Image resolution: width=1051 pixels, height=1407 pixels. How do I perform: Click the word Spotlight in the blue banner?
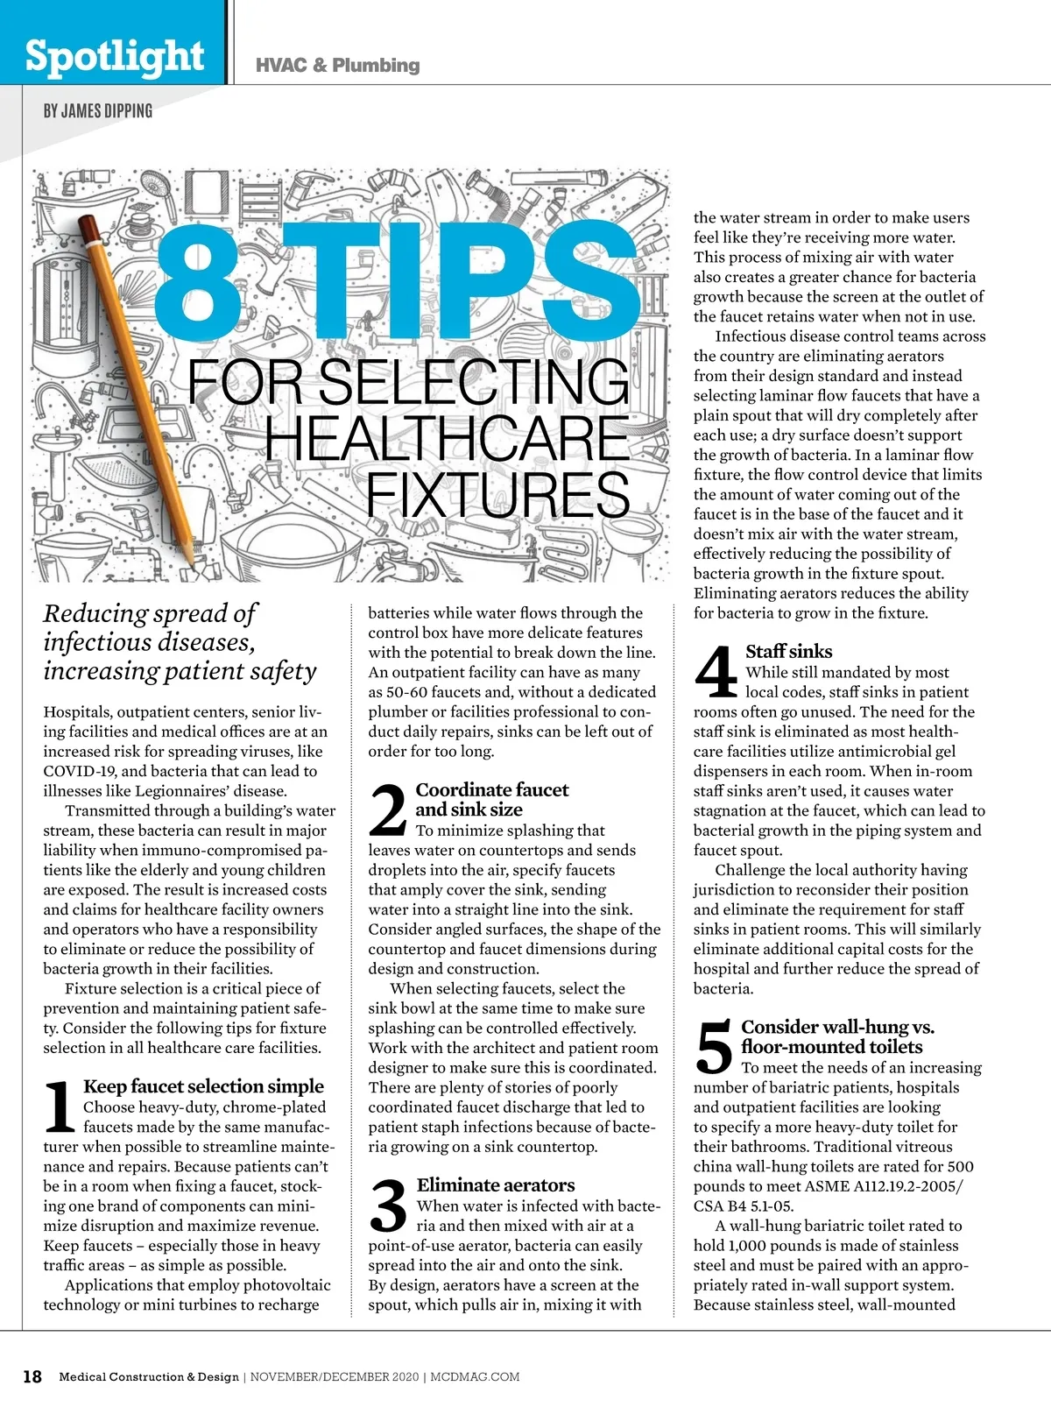coord(114,56)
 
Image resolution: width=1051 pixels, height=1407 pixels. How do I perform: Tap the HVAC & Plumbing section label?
coord(337,66)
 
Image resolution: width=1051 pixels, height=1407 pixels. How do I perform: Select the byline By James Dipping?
coord(98,111)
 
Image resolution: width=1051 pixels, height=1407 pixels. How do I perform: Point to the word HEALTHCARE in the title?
coord(447,438)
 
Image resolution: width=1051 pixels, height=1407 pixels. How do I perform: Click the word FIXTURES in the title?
coord(497,495)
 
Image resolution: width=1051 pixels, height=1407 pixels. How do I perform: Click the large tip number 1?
coord(60,1107)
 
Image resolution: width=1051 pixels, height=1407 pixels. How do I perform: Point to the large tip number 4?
coord(716,673)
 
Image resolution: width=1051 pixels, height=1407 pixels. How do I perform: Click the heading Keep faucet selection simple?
coord(203,1086)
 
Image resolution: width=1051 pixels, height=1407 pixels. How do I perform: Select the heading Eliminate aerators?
coord(496,1185)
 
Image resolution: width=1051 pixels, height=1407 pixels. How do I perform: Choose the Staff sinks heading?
coord(788,652)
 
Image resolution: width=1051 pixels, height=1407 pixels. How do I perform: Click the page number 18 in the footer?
coord(32,1376)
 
